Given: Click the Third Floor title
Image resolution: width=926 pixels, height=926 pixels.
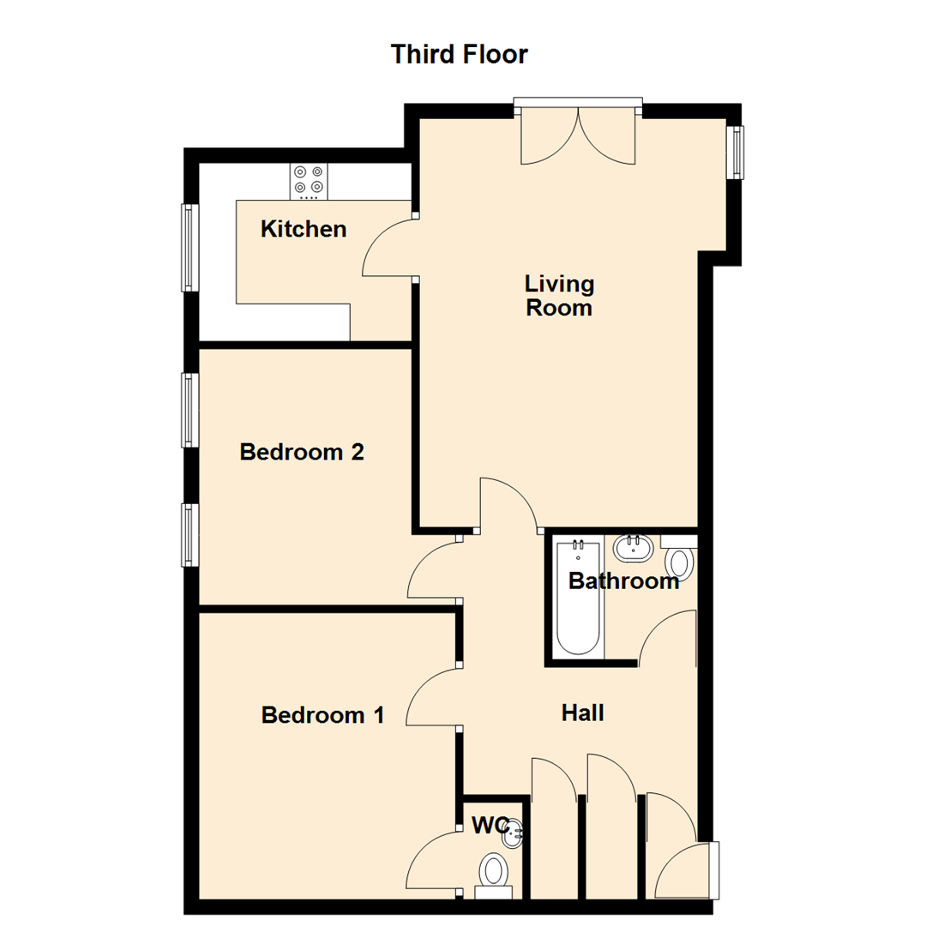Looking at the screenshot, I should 459,55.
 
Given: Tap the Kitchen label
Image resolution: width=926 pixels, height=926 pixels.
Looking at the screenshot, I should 304,229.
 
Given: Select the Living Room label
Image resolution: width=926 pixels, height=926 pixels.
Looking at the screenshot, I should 559,295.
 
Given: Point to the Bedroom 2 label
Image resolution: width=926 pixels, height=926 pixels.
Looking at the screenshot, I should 302,452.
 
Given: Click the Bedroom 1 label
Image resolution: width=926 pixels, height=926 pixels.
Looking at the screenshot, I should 322,714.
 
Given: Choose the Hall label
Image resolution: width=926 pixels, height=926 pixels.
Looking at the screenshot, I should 583,713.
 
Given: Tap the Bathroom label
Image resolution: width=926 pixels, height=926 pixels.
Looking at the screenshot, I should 623,581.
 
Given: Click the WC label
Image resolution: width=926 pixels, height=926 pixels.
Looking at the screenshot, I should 491,826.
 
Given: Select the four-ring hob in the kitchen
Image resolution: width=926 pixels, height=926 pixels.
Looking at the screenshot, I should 309,180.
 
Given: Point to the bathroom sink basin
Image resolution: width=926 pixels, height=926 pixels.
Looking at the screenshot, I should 634,546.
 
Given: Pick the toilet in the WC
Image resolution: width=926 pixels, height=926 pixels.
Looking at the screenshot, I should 493,873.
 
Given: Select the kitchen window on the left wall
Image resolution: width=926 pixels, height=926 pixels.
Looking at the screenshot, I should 189,247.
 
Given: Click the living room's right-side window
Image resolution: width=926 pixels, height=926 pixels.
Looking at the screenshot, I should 735,153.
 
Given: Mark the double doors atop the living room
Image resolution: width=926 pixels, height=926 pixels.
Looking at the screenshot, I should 579,135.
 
